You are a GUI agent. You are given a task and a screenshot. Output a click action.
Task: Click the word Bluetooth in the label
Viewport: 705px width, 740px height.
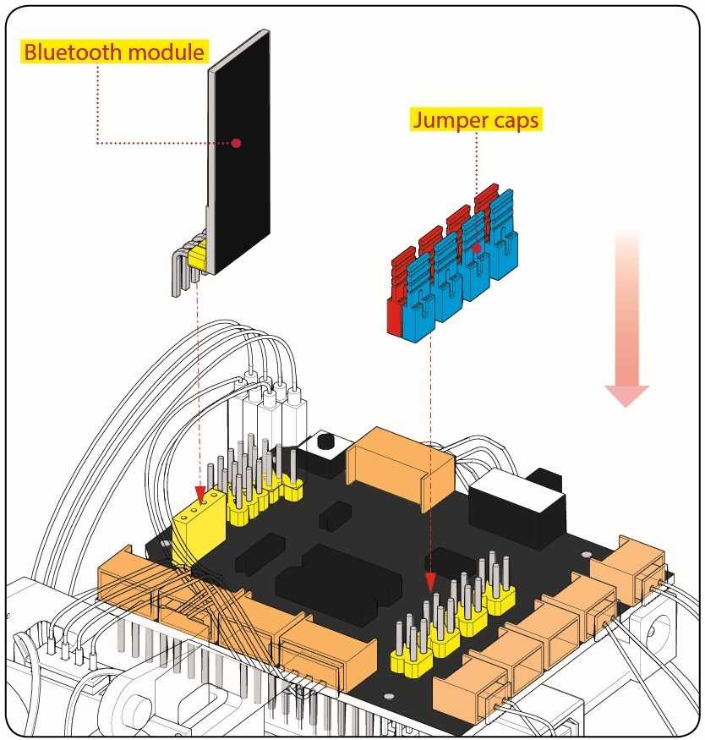[x=68, y=52]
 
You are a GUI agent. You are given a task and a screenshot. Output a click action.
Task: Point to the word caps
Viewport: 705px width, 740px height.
[x=515, y=121]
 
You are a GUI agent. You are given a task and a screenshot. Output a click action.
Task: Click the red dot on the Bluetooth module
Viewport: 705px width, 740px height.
[x=237, y=143]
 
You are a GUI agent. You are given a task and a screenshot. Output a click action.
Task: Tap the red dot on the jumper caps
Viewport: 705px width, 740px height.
[x=477, y=248]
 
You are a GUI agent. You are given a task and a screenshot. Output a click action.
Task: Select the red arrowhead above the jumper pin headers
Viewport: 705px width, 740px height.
[x=430, y=582]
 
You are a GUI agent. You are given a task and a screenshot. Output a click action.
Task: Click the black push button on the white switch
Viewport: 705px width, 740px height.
[x=324, y=441]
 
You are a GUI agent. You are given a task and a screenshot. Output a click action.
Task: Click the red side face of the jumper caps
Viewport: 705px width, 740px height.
[x=393, y=317]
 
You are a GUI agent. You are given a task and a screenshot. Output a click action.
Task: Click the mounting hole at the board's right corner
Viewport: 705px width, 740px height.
[x=587, y=555]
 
